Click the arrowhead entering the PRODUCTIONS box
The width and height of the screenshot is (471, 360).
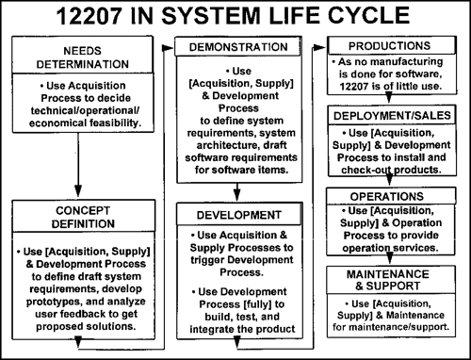325,45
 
